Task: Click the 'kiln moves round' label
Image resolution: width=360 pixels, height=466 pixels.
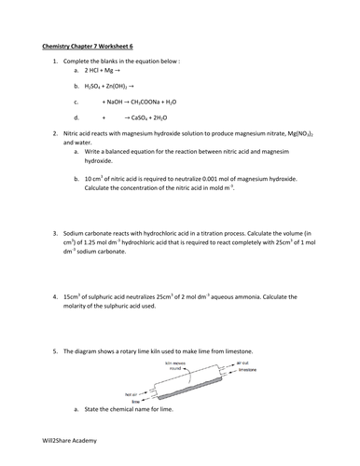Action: point(178,364)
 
